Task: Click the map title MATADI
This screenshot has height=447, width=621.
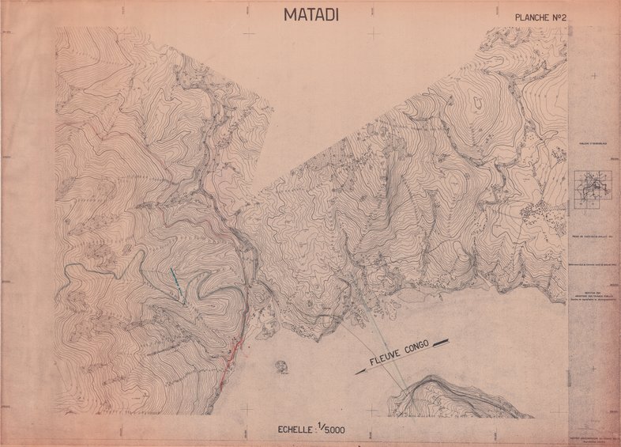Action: (x=310, y=14)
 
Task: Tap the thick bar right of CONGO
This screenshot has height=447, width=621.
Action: (x=440, y=343)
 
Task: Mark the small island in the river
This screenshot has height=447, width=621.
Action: (x=280, y=366)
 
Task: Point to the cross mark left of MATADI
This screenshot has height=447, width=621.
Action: (x=250, y=33)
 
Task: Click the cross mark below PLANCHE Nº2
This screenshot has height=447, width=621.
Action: (x=559, y=33)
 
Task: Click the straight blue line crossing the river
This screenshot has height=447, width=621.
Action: (x=380, y=341)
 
